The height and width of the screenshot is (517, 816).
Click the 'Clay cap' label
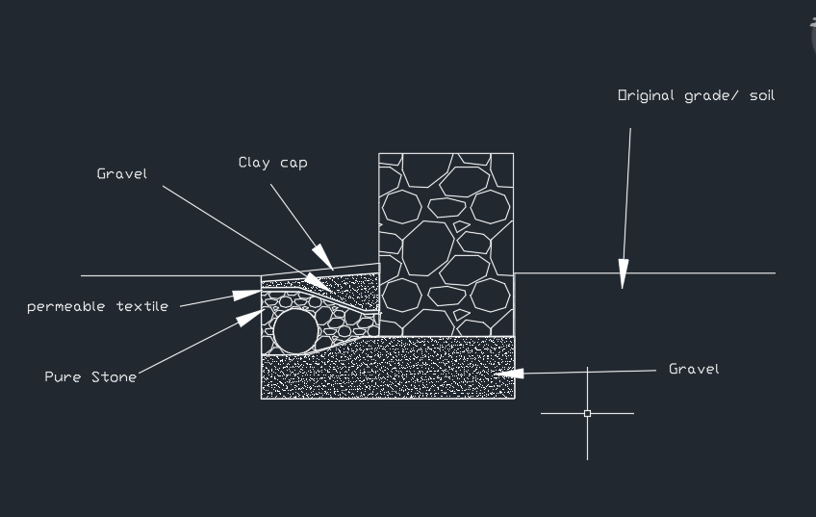point(272,163)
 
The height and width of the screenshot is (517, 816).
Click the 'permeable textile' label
point(98,306)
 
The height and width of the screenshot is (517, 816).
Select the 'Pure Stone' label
point(90,376)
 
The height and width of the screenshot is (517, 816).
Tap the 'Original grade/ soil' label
point(697,96)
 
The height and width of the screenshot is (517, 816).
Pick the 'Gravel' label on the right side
point(694,369)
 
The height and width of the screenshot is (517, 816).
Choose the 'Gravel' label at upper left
point(122,173)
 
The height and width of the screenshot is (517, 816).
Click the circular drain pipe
point(295,331)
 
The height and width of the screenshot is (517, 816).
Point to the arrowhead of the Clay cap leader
point(323,257)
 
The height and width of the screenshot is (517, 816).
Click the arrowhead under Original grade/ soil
point(623,273)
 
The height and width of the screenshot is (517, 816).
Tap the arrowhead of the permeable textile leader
point(246,295)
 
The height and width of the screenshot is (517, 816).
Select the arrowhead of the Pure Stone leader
point(250,318)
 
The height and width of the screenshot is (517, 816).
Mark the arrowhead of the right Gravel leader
point(508,374)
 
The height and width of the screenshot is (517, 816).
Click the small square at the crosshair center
point(588,413)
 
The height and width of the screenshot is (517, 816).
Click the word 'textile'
point(142,306)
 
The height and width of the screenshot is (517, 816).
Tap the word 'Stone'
point(114,376)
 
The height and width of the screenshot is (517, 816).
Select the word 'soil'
point(762,96)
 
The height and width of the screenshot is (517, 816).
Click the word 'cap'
point(293,164)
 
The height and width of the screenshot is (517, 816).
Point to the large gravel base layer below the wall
point(388,371)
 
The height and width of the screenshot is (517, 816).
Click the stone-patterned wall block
point(446,245)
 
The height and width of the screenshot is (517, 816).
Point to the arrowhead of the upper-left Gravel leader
point(317,282)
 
